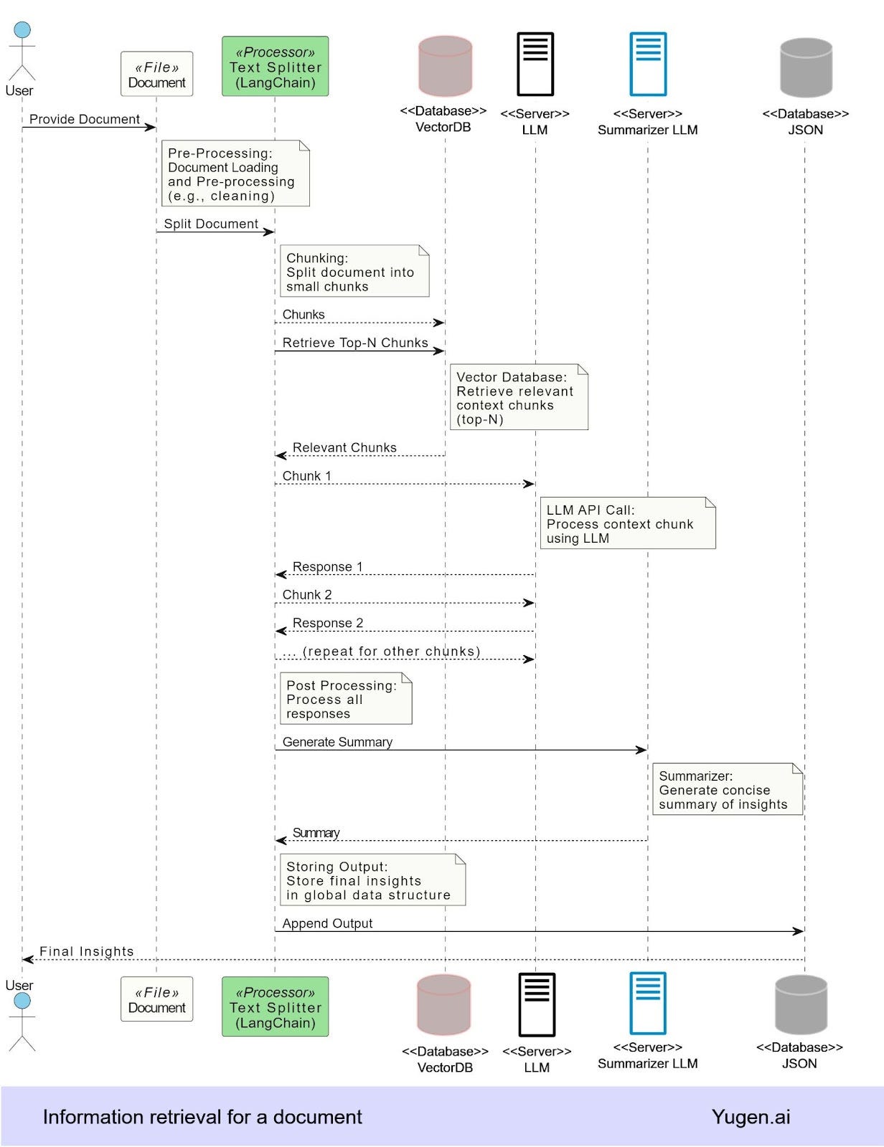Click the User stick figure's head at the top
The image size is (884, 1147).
[22, 29]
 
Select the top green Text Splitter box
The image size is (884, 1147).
[275, 66]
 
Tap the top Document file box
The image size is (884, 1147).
[157, 74]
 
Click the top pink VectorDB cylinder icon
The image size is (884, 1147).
[445, 66]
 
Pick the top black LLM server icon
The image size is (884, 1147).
[535, 65]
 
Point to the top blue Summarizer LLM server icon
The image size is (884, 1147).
[648, 65]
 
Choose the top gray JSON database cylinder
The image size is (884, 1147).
[806, 67]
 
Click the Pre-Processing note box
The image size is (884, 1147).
[235, 173]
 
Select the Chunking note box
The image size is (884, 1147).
[354, 271]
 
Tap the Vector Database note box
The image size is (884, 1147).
[519, 397]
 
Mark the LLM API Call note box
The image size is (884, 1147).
[628, 523]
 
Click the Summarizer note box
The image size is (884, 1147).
[728, 789]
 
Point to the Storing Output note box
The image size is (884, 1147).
[373, 880]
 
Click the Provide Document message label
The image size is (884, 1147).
[85, 119]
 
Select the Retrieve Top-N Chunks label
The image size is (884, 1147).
[355, 343]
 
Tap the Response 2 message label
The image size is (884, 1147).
[328, 623]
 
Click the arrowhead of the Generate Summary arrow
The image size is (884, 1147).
[642, 750]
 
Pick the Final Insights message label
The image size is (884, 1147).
[87, 951]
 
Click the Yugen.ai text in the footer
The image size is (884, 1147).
[751, 1116]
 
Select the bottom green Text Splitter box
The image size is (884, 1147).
[275, 1006]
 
